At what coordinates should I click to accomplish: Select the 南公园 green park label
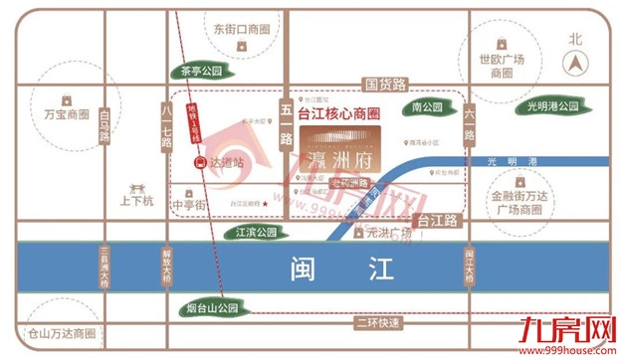424,105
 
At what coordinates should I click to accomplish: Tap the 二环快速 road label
378,323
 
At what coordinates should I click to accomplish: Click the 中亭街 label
188,205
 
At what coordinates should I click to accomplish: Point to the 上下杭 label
135,199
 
